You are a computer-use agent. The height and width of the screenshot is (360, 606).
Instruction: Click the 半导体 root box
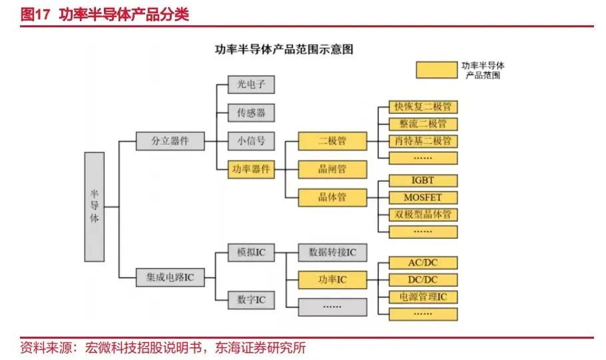pos(95,207)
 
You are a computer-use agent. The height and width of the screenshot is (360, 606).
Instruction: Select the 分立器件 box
pos(170,140)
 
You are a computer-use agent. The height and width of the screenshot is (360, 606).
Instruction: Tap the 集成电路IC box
pos(170,277)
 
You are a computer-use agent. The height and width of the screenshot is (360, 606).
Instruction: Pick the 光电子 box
pos(251,85)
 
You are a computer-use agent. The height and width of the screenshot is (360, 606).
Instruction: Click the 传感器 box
pos(251,112)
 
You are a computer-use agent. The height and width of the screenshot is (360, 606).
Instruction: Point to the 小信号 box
pos(251,141)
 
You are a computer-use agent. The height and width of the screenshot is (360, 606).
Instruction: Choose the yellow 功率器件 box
pos(251,169)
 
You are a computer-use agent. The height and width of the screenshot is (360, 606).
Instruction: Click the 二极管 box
pos(332,141)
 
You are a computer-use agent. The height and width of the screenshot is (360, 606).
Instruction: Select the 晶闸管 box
pos(332,169)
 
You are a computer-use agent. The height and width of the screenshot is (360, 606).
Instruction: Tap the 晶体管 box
pos(332,198)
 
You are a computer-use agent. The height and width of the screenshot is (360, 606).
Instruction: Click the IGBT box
pos(423,180)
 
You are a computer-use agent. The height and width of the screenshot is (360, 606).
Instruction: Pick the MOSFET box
pos(423,198)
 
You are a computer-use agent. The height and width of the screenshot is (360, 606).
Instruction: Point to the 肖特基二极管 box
pos(423,141)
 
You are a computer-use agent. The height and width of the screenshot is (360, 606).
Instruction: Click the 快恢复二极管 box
pos(423,107)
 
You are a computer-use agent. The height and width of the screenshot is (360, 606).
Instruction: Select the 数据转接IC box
pos(332,253)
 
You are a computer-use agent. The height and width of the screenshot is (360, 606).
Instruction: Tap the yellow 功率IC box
pos(332,279)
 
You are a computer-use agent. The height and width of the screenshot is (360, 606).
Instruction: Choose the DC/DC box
pos(423,279)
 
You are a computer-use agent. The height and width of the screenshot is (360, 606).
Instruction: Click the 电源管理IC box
pos(423,297)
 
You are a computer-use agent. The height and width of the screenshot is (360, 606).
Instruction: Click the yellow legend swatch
pos(436,70)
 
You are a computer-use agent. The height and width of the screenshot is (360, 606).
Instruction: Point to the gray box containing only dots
pos(332,307)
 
